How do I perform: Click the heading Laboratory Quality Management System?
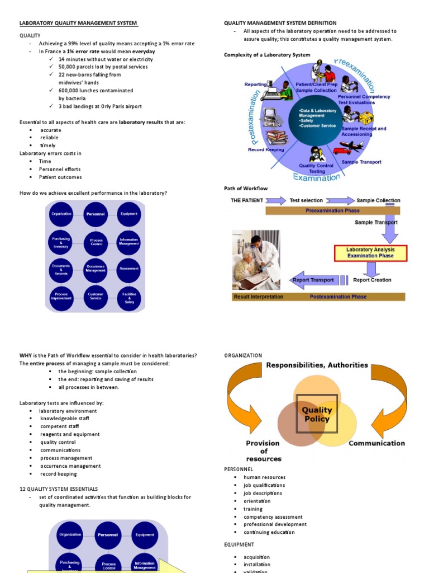click(78, 23)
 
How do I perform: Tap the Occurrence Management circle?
click(96, 269)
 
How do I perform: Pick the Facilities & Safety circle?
click(129, 298)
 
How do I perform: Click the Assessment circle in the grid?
click(129, 269)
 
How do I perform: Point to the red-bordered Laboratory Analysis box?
click(370, 253)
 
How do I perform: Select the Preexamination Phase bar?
click(332, 211)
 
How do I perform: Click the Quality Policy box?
click(316, 415)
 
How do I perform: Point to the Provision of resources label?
click(264, 451)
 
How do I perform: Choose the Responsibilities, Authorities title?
click(317, 365)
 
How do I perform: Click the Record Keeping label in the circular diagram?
click(266, 150)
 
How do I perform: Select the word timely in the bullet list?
click(47, 145)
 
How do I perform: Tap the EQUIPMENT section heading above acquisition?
click(239, 544)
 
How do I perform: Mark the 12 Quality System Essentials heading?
click(59, 489)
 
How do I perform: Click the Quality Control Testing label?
click(316, 168)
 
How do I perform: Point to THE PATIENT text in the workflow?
click(246, 200)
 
